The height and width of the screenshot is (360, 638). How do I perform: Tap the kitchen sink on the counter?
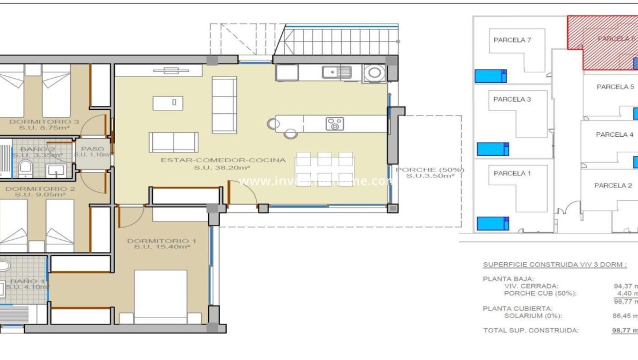point(336,72)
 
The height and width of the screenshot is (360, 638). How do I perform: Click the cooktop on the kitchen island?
point(335,124)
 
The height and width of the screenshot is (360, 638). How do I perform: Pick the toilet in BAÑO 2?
point(25,168)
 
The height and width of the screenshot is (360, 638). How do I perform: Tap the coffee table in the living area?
point(168,103)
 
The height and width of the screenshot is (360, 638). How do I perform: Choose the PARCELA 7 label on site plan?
point(512,40)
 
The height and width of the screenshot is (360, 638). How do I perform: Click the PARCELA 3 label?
point(512,99)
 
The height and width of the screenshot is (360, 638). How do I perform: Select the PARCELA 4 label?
point(614,135)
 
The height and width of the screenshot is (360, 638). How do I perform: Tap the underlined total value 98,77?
point(624,331)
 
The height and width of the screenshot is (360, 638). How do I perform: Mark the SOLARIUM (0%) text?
point(533,316)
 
